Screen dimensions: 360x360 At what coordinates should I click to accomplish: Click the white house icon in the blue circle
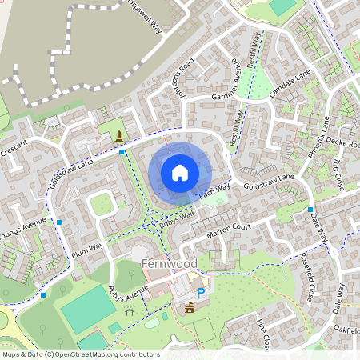point(180,172)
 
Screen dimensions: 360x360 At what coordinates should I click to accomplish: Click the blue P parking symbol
point(202,294)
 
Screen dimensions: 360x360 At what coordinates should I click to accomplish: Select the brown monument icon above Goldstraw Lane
point(118,134)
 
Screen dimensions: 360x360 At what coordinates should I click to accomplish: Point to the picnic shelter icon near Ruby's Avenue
point(130,312)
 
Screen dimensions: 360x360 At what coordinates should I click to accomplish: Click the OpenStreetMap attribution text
point(80,354)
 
